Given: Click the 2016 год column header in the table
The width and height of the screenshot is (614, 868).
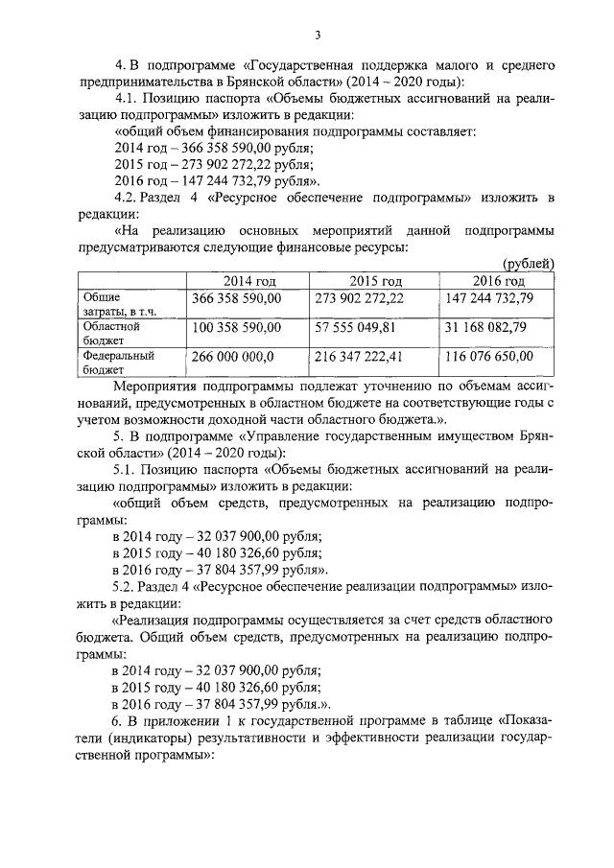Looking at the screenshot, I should [498, 281].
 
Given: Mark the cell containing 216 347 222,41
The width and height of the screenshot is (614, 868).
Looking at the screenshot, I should [359, 356].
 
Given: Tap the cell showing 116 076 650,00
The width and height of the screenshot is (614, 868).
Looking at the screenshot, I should [488, 356].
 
